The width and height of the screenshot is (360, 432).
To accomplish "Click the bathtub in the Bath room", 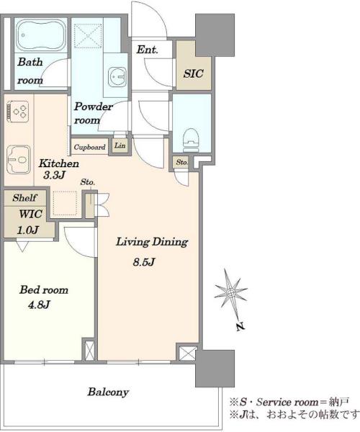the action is click(x=41, y=35).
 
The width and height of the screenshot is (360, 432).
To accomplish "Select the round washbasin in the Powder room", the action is click(x=117, y=77).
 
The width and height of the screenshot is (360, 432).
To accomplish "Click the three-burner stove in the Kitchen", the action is click(x=18, y=112).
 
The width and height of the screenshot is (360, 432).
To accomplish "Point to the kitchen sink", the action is click(x=18, y=160).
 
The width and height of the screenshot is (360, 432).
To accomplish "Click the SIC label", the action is click(x=194, y=73).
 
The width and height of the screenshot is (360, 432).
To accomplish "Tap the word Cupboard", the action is click(x=89, y=147).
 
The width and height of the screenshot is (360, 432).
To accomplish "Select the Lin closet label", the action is click(x=120, y=145).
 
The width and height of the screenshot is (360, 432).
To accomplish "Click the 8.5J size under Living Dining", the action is click(x=144, y=262).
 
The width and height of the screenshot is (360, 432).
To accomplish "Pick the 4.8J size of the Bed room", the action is click(x=39, y=305).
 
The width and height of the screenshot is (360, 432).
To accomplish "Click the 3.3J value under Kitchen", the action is click(x=54, y=175).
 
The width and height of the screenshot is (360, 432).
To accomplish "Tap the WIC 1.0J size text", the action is click(x=27, y=230).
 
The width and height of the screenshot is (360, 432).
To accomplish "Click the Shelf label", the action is click(x=24, y=197).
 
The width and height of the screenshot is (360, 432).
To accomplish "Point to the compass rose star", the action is click(x=230, y=292).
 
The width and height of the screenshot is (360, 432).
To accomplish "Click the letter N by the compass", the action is click(x=240, y=326).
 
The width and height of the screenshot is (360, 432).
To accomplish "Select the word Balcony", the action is click(x=108, y=392).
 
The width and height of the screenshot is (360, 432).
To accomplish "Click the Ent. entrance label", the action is click(x=148, y=50).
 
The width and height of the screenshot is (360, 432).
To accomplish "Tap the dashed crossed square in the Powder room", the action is click(x=88, y=35).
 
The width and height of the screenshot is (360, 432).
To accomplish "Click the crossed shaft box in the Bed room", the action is click(x=89, y=350).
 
